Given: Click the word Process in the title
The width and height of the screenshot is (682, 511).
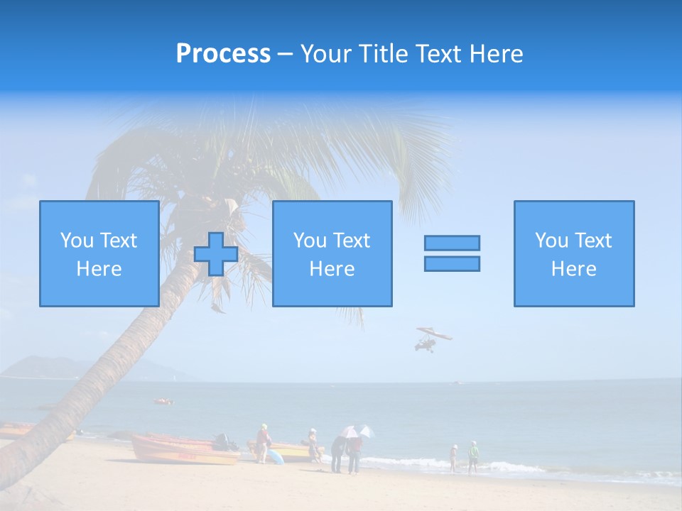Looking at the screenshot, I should pos(223,54).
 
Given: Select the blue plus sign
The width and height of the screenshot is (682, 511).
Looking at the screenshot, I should pos(216,254).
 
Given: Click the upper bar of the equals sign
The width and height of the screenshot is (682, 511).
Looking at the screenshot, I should pos(452,243).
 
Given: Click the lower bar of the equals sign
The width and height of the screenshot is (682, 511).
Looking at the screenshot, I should pos(452,264).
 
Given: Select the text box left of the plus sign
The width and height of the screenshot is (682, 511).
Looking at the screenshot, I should pos(99,254).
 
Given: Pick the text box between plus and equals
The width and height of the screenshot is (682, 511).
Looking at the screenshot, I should pos(332,254).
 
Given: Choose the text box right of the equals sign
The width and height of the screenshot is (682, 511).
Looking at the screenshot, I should pos(574,254).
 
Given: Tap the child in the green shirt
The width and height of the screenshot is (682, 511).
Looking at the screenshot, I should pos(473,456).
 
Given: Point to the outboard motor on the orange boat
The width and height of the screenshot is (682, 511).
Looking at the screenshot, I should pos(224,441).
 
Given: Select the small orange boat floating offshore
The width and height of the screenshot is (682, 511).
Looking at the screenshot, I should pos(163,402).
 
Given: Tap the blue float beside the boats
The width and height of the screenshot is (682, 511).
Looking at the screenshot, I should pos(275,456).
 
